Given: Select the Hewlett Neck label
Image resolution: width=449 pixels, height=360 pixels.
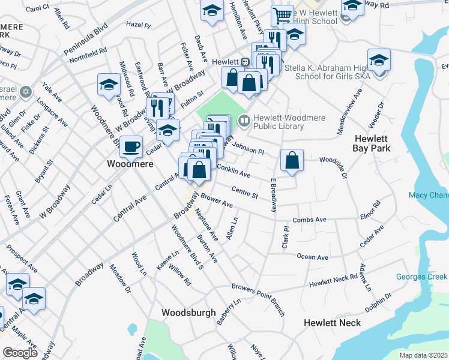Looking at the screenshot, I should coord(332,323).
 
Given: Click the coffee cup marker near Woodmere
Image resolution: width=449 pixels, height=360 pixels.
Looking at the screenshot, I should coord(131,146).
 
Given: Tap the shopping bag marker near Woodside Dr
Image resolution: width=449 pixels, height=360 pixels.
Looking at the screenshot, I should coord(292,160).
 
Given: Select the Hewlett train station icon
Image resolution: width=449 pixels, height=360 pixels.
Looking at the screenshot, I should coord(245,62).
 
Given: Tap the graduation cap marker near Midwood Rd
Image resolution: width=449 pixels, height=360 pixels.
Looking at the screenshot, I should coord(109,85).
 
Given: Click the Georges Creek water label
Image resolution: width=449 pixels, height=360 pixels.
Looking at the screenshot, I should coord(421,277).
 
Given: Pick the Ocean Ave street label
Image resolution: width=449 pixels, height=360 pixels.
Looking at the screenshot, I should coord(312,257).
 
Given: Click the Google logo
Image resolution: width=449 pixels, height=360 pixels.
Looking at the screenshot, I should coord(20,353).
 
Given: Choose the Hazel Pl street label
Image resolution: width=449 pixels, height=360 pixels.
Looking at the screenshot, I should coord(138,25).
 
